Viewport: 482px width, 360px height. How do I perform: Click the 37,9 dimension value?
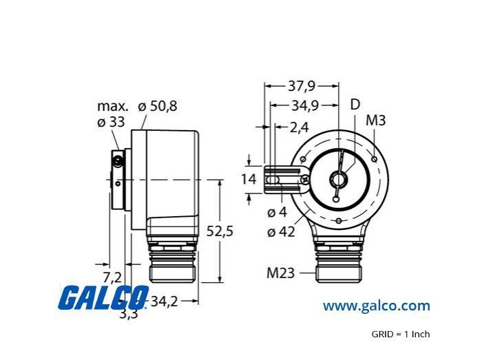(x=302, y=86)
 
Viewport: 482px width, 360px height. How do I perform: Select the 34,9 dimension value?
(x=304, y=106)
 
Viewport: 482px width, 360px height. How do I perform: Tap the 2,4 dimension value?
(x=299, y=127)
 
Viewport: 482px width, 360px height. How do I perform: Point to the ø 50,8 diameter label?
(x=158, y=106)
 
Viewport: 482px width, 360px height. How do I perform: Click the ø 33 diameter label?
(x=111, y=123)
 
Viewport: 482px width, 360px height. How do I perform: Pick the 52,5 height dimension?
(x=220, y=231)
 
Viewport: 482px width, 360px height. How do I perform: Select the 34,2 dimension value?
(x=165, y=301)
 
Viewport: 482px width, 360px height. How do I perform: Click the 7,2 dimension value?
(x=112, y=277)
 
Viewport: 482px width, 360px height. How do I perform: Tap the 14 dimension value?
(x=249, y=179)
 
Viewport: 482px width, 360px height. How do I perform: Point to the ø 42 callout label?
(x=281, y=232)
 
